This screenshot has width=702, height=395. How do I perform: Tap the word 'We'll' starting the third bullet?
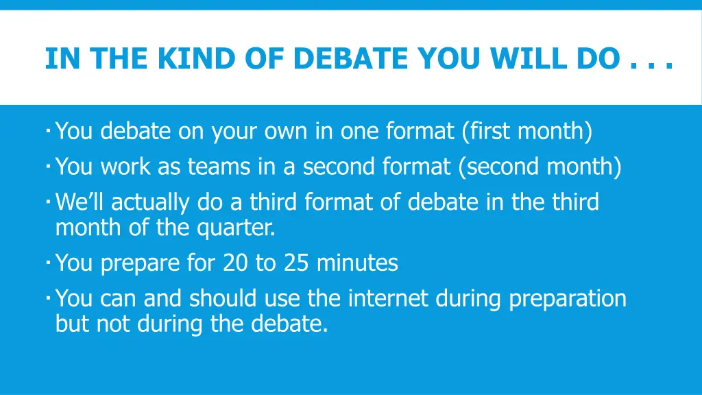click(x=80, y=202)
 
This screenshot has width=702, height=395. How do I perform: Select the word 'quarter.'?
click(x=237, y=227)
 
